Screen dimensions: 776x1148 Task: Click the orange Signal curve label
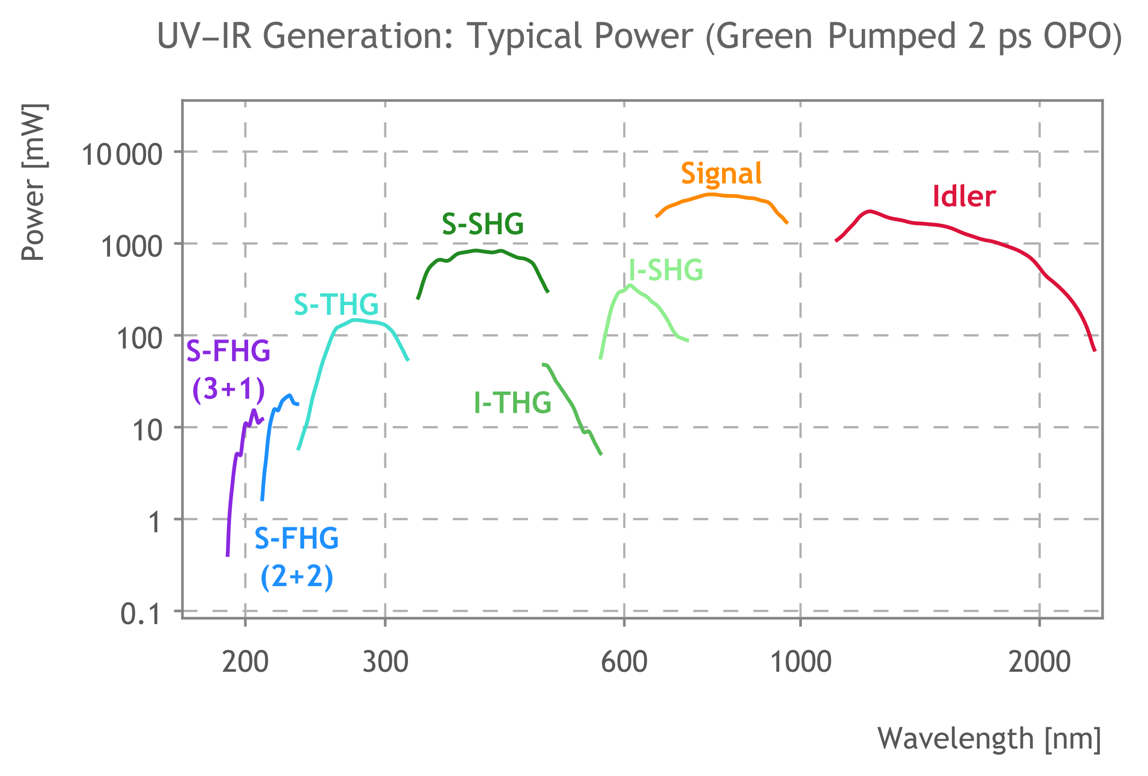(x=721, y=174)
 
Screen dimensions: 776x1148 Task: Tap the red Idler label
(x=963, y=197)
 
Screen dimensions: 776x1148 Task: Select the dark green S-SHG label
(x=483, y=224)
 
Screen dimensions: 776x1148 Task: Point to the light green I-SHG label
(x=665, y=270)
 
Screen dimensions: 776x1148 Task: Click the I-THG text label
(x=512, y=403)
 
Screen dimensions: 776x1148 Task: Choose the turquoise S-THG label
(x=336, y=304)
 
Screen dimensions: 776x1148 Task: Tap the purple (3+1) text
(x=228, y=389)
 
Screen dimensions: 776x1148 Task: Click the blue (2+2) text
(x=296, y=576)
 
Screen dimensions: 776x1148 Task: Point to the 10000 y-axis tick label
(x=122, y=155)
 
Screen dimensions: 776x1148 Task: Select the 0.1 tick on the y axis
(x=140, y=614)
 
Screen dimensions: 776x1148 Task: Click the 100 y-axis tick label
(x=140, y=339)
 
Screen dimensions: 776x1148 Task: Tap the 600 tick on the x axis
(x=624, y=662)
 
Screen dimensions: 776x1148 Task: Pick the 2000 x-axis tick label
(x=1039, y=662)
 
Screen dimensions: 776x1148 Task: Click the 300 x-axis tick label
(x=385, y=662)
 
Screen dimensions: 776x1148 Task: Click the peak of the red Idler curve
(x=869, y=212)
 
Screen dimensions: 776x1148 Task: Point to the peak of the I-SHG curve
(x=630, y=285)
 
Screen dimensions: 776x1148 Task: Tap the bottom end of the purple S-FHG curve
(x=228, y=556)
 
